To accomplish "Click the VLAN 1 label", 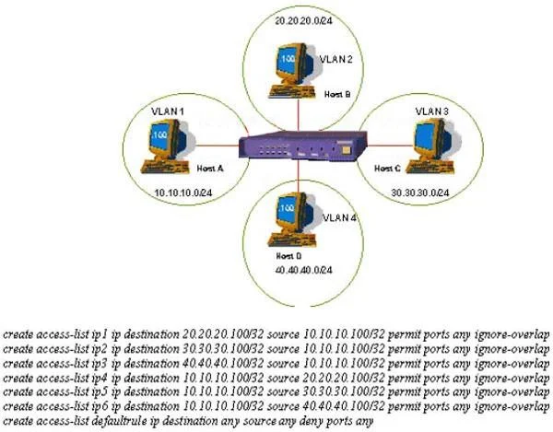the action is pos(168,111).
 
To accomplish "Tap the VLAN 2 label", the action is pos(335,59).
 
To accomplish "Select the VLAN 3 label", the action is pos(431,111).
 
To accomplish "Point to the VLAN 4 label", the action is pos(339,217).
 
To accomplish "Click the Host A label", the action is pos(210,169).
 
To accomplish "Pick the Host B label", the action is pos(337,94).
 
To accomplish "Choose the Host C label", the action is pos(387,169).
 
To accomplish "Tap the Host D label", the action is pos(288,256).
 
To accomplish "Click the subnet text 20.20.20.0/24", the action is pos(303,21).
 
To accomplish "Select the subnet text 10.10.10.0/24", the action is pos(183,193).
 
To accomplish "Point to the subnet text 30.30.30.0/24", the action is pos(420,193).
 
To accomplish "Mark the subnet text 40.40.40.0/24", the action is pos(303,270).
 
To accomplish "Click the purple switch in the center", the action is pos(302,146).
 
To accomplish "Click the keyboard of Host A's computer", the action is pos(164,167).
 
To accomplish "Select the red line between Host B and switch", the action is pos(299,115).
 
